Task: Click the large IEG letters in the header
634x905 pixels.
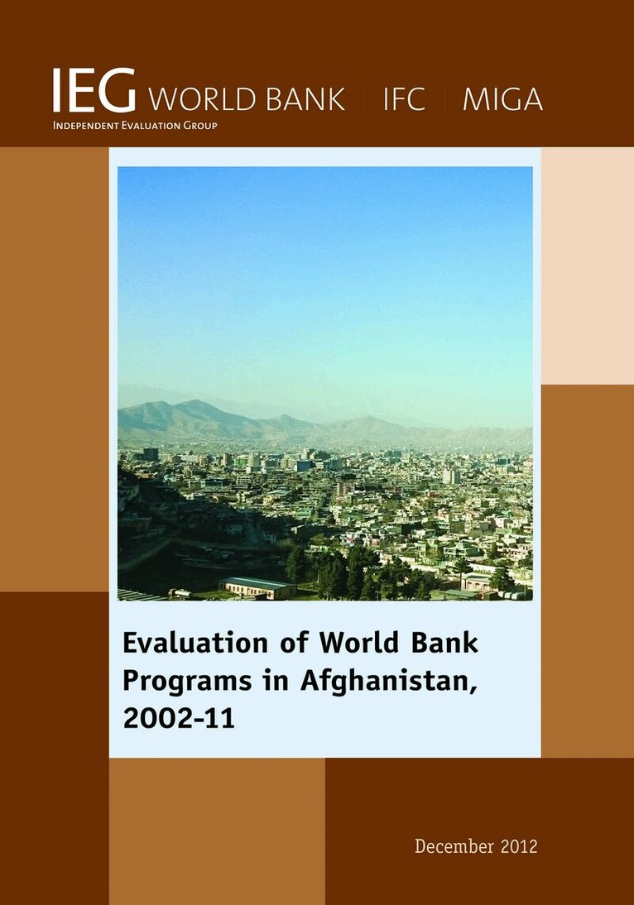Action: [94, 90]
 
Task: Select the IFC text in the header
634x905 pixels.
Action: [404, 98]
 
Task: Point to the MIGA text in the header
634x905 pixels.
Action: [502, 98]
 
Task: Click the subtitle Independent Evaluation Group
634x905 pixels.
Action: [135, 125]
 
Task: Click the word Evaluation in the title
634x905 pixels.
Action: [195, 643]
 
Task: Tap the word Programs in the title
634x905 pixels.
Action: [187, 681]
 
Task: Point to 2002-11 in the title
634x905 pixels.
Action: [179, 718]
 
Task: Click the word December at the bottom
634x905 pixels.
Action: [454, 846]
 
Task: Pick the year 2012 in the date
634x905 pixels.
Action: [519, 846]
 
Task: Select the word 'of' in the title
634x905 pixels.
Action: [294, 643]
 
